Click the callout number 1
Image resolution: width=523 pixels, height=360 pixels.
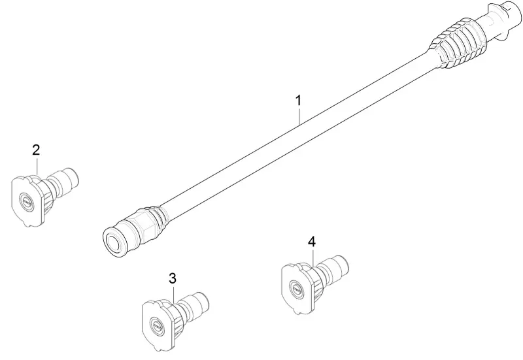299,101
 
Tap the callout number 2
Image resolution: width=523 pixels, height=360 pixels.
36,150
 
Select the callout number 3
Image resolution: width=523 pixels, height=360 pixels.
173,278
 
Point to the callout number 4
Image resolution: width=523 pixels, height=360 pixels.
312,242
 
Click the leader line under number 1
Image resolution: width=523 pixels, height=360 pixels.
300,116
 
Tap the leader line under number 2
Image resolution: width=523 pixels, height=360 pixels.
37,167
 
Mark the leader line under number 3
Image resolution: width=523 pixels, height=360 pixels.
173,293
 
